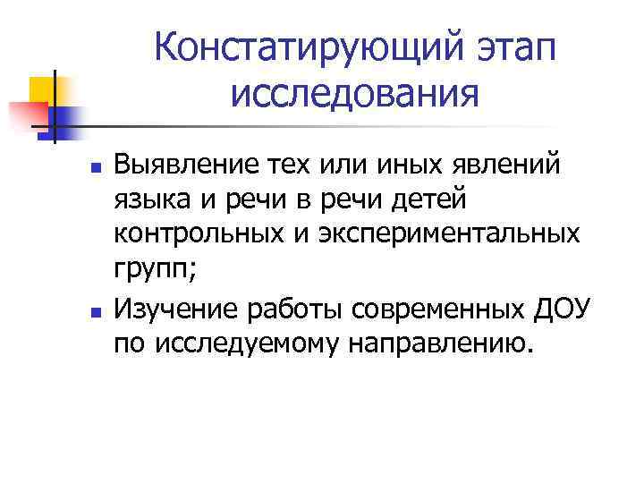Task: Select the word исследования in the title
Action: coord(354,91)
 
